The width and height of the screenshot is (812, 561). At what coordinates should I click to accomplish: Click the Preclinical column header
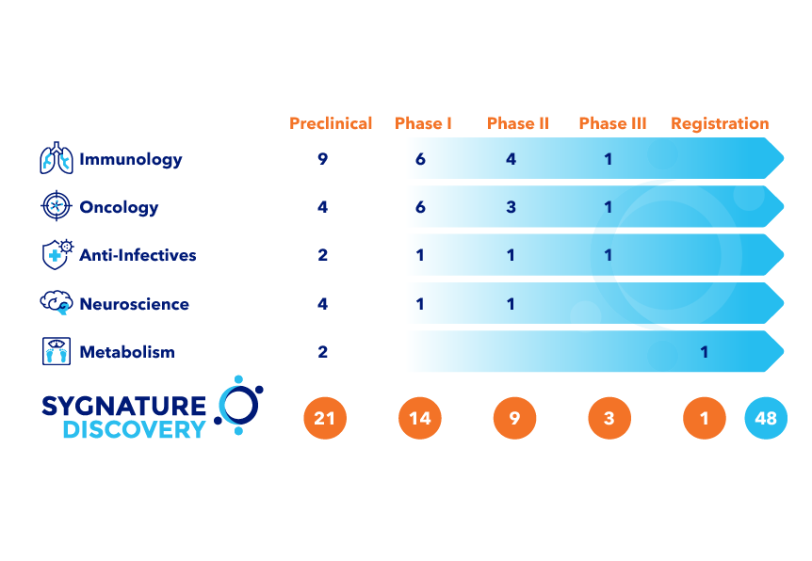[331, 123]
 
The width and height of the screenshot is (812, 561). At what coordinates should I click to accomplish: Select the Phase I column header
[423, 123]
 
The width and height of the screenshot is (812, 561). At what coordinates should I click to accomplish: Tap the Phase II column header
[518, 123]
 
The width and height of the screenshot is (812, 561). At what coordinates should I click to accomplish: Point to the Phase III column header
[612, 123]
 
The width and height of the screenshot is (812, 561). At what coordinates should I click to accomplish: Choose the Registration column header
[720, 123]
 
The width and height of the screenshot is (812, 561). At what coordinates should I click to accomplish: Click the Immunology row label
[131, 159]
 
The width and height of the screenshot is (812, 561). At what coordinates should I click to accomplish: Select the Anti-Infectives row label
[138, 255]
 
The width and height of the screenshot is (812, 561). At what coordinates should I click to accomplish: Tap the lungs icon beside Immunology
[57, 158]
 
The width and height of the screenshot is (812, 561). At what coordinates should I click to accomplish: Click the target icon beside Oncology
[57, 206]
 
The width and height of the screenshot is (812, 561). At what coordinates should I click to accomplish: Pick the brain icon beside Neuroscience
[57, 302]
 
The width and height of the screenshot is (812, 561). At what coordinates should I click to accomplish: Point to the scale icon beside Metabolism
[57, 351]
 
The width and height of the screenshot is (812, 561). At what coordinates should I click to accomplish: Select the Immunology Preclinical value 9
[323, 159]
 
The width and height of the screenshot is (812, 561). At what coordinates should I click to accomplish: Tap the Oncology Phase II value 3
[512, 207]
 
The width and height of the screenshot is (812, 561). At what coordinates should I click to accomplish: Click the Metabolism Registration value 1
[704, 352]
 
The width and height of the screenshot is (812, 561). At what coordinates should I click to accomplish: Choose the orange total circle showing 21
[324, 418]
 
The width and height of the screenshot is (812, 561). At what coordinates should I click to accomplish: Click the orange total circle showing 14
[420, 418]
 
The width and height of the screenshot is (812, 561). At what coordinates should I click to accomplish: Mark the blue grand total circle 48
[766, 418]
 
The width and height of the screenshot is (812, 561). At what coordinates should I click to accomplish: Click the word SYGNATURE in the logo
[123, 407]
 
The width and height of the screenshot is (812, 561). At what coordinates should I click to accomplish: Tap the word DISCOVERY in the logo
[134, 429]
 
